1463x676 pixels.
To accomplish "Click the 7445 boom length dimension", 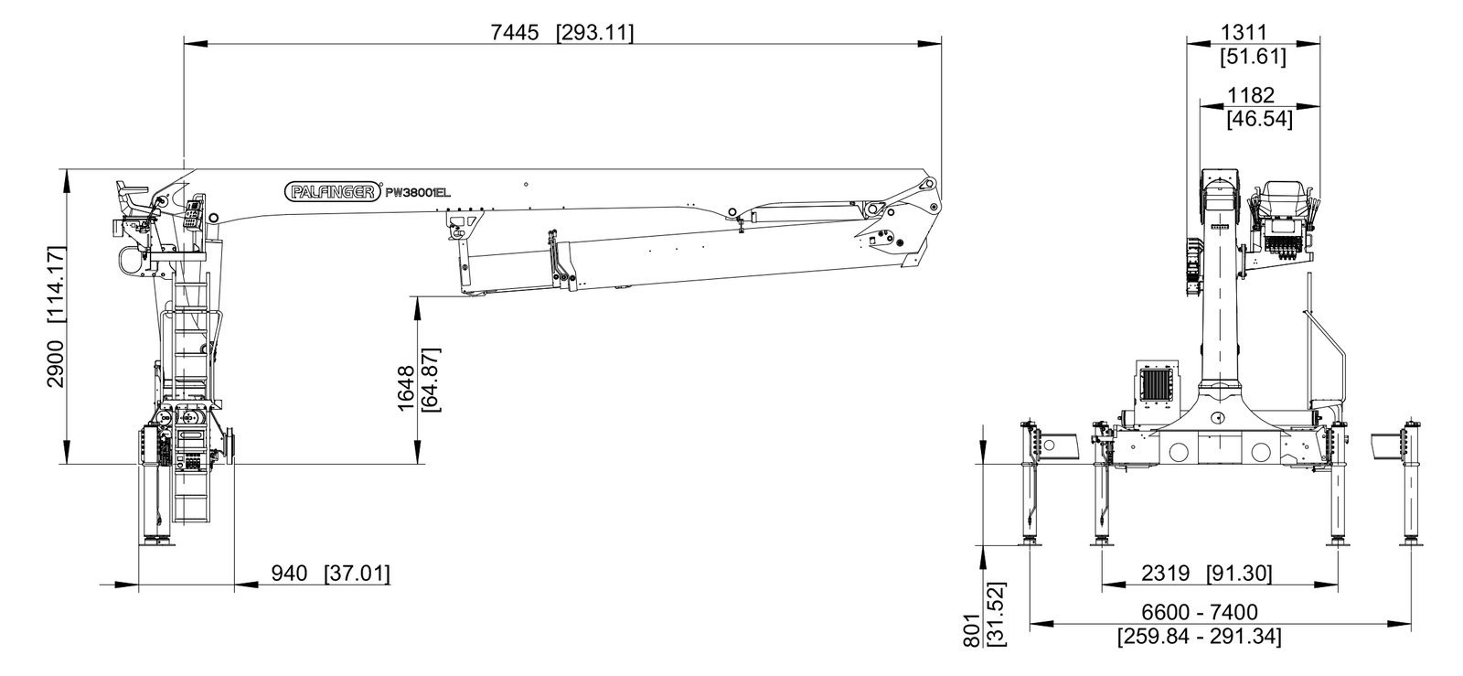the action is (515, 32).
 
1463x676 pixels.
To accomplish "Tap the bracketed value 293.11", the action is (595, 32).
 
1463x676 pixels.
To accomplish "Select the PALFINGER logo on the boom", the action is (333, 191).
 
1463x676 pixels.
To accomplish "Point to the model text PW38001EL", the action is (418, 193).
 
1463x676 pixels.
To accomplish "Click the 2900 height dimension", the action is (56, 364).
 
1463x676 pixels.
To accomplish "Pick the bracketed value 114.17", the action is (56, 284).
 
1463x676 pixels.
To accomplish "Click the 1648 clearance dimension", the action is (406, 388).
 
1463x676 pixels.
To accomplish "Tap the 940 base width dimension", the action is (289, 574).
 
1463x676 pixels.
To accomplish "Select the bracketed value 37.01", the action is (358, 574).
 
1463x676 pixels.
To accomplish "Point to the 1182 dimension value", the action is (1251, 95).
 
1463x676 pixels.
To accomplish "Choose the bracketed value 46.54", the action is (1260, 119).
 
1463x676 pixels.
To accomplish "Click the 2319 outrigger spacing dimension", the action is (1166, 574).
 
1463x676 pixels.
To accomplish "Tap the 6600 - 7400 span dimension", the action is (1200, 612).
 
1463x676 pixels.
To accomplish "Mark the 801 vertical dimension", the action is (973, 631).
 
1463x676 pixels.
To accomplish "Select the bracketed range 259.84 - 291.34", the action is (1200, 636).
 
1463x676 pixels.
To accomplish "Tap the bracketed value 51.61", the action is (1254, 56).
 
